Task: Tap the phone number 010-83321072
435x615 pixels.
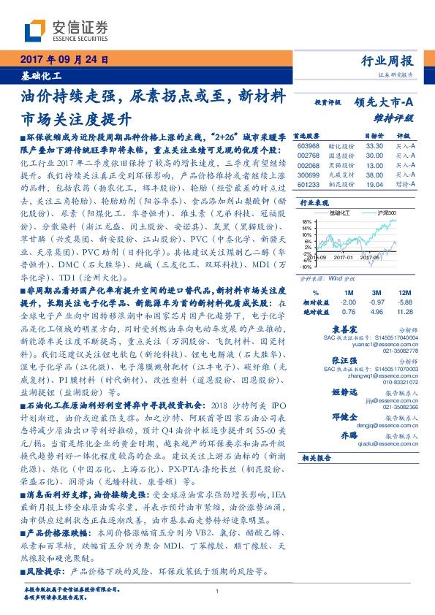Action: pos(398,381)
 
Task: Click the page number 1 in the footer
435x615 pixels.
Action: pos(218,592)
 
